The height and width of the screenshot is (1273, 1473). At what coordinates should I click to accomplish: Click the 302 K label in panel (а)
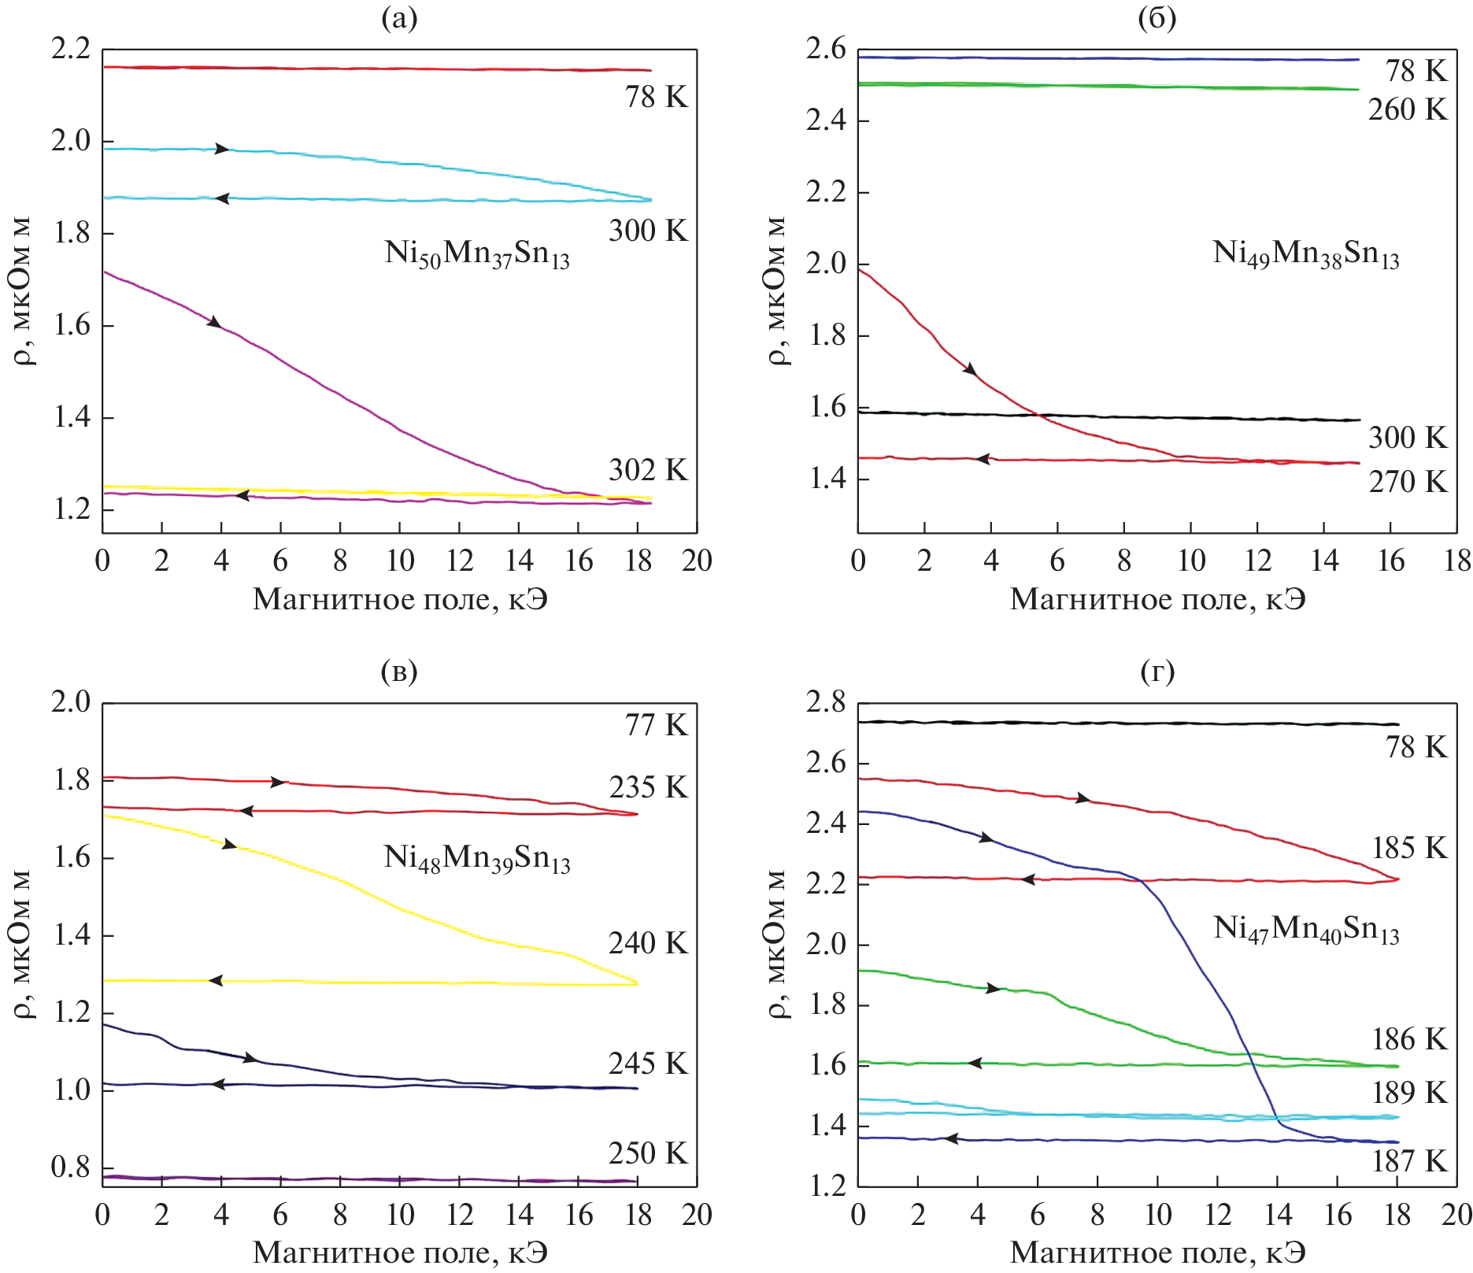[x=647, y=470]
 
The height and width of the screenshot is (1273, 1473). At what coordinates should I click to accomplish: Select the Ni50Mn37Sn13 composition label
[x=477, y=254]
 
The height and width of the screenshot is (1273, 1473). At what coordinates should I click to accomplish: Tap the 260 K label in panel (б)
[x=1407, y=110]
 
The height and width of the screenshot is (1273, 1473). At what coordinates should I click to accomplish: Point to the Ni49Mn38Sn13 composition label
[x=1306, y=254]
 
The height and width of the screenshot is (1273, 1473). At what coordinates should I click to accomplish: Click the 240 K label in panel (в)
[x=647, y=943]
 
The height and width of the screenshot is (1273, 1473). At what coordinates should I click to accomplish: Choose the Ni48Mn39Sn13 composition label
[x=477, y=859]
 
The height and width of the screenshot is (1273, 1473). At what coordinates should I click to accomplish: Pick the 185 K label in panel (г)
[x=1409, y=848]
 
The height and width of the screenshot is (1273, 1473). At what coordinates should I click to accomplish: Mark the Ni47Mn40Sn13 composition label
[x=1306, y=930]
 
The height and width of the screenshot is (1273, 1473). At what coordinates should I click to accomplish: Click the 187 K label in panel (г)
[x=1409, y=1161]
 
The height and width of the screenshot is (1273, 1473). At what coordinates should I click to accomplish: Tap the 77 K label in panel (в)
[x=656, y=725]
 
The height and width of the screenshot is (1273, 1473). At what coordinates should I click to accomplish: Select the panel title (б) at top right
[x=1157, y=18]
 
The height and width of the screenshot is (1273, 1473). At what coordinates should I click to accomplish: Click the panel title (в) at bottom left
[x=398, y=671]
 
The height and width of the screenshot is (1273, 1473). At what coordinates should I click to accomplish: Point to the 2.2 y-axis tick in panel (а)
[x=70, y=50]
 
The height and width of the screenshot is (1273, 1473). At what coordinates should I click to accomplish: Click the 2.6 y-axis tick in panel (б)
[x=825, y=50]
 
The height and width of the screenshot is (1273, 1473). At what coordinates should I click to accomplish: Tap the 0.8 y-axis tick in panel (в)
[x=70, y=1167]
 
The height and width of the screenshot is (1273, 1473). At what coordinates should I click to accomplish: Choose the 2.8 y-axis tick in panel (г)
[x=825, y=701]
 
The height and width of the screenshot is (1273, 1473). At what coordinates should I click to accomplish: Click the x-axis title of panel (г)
[x=1157, y=1253]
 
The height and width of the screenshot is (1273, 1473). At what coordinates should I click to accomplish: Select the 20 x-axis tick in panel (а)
[x=697, y=561]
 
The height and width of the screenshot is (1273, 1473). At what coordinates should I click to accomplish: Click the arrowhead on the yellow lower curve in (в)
[x=215, y=981]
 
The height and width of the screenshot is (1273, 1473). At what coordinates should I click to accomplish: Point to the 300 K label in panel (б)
[x=1407, y=438]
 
